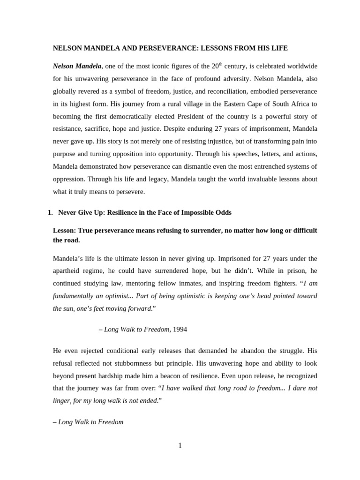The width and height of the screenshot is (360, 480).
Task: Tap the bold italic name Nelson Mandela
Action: coord(77,66)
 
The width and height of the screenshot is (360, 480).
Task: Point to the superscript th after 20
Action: coord(221,64)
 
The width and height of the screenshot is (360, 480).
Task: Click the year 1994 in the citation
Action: coord(180,330)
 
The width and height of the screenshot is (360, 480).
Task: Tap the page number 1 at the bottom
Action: coord(180,446)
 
